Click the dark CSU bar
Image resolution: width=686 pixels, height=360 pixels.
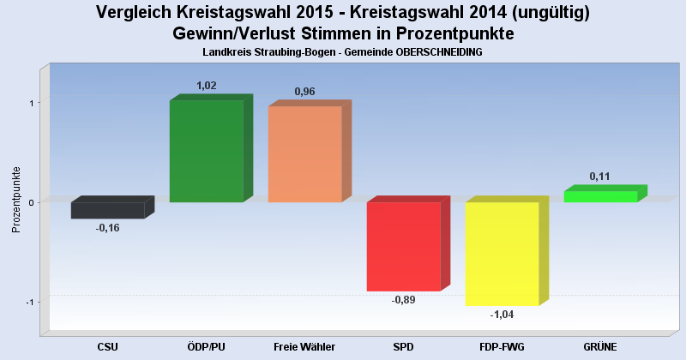[x=108, y=210]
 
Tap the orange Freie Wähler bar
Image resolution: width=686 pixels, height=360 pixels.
[x=305, y=154]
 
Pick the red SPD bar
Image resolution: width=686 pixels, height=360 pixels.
[x=404, y=246]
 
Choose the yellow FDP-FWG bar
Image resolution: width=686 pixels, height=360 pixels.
[x=502, y=254]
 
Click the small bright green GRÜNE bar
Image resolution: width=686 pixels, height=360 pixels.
[x=600, y=196]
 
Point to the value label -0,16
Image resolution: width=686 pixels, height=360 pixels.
[x=108, y=228]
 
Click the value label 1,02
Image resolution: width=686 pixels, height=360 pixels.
[x=207, y=86]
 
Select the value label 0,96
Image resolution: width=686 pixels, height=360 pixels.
[x=305, y=92]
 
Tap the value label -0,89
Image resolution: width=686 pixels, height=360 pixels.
[x=404, y=300]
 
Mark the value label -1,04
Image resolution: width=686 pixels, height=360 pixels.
[x=502, y=315]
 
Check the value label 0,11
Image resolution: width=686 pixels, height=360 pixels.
[x=600, y=177]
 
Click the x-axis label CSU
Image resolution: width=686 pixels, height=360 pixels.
[x=108, y=346]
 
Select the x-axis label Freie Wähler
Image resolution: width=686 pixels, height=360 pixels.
[x=304, y=346]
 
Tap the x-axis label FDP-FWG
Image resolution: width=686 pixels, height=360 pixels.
[x=502, y=346]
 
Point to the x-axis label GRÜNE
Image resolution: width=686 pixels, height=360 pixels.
[x=600, y=346]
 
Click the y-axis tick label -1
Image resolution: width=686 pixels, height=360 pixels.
[x=30, y=302]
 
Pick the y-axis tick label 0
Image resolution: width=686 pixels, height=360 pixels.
[x=31, y=202]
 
